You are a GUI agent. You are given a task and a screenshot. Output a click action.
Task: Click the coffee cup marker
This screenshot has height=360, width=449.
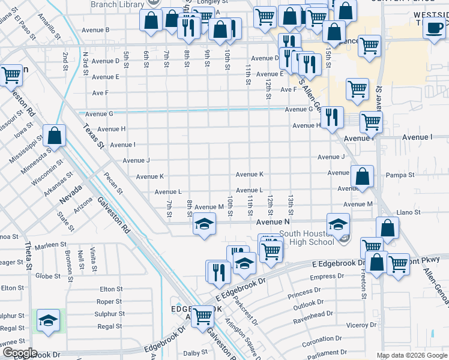pyautogui.click(x=434, y=27)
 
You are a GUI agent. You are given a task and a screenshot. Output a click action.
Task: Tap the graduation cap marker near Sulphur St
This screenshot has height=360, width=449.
pyautogui.click(x=49, y=320)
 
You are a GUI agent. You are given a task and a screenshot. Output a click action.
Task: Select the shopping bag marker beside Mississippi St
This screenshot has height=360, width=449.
pyautogui.click(x=55, y=136)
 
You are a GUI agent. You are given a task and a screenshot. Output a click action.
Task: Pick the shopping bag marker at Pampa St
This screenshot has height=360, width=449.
pyautogui.click(x=363, y=176)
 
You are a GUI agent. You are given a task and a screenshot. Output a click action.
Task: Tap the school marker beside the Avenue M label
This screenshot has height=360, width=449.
pyautogui.click(x=204, y=225)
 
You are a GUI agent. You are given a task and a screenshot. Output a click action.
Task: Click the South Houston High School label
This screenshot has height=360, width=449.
pyautogui.click(x=306, y=238)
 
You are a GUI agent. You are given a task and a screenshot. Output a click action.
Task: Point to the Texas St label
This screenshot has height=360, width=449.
pyautogui.click(x=94, y=137)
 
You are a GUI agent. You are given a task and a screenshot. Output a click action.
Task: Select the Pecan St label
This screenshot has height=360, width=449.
pyautogui.click(x=112, y=183)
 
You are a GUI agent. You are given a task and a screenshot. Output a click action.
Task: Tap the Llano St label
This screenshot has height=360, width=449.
pyautogui.click(x=408, y=212)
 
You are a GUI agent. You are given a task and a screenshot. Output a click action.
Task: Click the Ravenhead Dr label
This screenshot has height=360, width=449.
pyautogui.click(x=329, y=314)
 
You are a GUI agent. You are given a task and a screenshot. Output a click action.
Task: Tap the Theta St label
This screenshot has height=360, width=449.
pyautogui.click(x=28, y=254)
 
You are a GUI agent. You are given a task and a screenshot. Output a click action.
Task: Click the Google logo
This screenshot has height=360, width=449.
pyautogui.click(x=19, y=353)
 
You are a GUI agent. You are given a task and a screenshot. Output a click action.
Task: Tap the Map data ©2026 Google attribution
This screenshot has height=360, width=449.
pyautogui.click(x=411, y=355)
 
